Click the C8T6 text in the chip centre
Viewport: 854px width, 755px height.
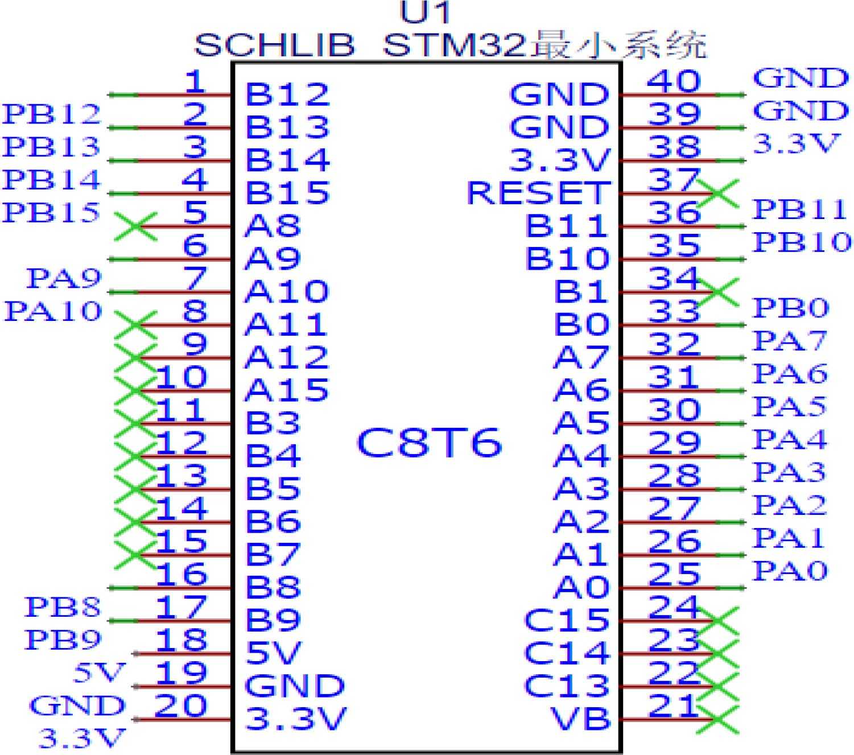click(x=429, y=443)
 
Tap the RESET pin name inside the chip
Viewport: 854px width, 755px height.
click(x=538, y=193)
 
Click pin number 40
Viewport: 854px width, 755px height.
click(x=674, y=81)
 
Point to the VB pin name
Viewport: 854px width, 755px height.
click(x=580, y=718)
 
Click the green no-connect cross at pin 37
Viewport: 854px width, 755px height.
click(x=718, y=193)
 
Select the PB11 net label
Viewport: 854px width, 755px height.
click(x=800, y=209)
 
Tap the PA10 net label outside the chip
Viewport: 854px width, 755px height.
click(x=53, y=311)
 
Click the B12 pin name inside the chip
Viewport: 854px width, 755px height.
click(x=287, y=94)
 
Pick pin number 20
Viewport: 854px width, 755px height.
click(x=180, y=706)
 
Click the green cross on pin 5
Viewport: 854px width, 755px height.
click(x=136, y=226)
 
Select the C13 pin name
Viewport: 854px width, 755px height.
click(x=567, y=686)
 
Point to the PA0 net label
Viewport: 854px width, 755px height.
click(x=790, y=571)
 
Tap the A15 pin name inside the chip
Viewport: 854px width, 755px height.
click(x=287, y=390)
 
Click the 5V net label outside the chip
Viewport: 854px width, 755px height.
click(x=99, y=673)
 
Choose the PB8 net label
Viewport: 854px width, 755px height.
click(x=63, y=607)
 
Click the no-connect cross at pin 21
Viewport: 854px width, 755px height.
click(x=718, y=719)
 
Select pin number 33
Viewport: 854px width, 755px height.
click(x=674, y=311)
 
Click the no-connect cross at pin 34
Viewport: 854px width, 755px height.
click(x=718, y=292)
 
